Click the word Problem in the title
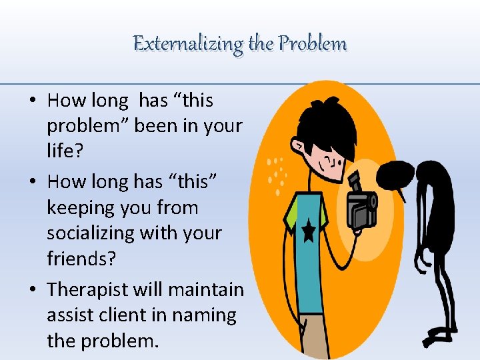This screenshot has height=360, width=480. pos(313,44)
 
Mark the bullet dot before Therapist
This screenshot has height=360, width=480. pos(32,289)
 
